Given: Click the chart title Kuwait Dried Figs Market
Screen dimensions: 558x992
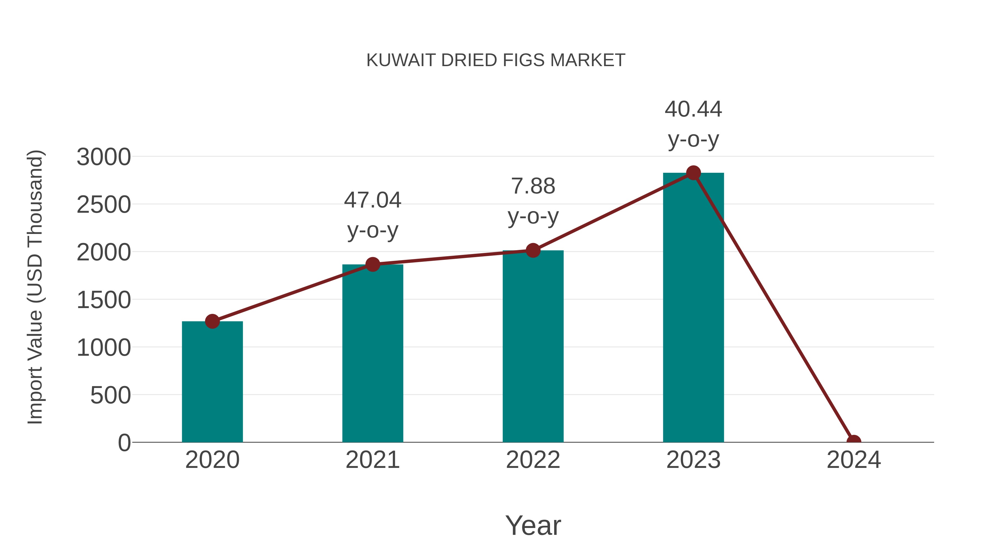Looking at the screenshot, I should (496, 60).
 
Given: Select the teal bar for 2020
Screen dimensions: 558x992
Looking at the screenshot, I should (212, 382).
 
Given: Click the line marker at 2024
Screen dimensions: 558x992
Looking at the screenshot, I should (854, 441).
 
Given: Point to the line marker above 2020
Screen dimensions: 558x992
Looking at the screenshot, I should (212, 321).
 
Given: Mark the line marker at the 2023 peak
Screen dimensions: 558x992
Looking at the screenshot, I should (693, 173).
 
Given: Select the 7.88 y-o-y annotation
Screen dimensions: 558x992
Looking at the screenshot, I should (533, 201).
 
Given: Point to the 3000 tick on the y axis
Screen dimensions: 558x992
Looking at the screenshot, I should (104, 157).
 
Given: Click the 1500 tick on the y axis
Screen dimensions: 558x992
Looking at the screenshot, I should (104, 300).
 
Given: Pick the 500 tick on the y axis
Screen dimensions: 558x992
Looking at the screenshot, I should (110, 395).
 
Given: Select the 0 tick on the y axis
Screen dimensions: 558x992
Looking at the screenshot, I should (124, 443).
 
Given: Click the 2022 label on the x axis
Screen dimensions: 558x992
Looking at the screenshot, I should (533, 460).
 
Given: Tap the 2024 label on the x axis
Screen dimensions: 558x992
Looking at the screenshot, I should (854, 460).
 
